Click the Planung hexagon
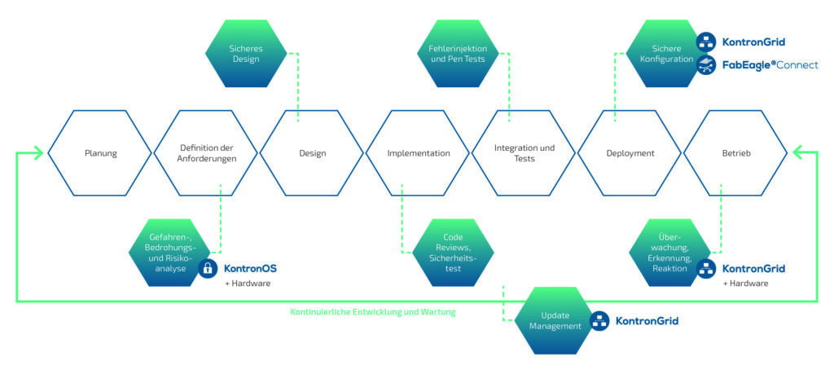pos(100,153)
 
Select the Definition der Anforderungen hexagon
pos(206,153)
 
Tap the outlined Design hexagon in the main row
pos(312,153)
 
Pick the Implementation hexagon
pos(418,153)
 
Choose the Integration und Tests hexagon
pos(525,153)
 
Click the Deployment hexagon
pos(630,153)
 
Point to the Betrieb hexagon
pos(735,153)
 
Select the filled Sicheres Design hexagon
pos(245,54)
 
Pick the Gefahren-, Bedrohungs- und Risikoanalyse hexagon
pos(168,252)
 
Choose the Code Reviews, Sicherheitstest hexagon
pos(453,252)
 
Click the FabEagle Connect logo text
pos(770,64)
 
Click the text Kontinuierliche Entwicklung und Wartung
pos(373,311)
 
